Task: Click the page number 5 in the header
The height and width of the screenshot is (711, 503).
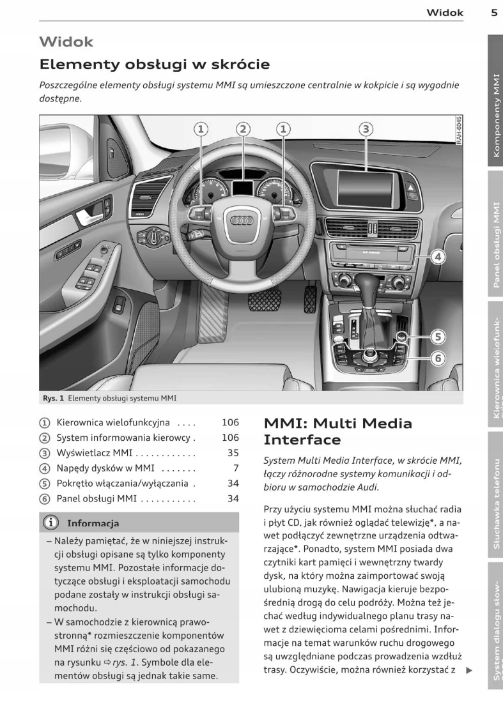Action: pyautogui.click(x=494, y=11)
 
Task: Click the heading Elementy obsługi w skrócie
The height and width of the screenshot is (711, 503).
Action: pyautogui.click(x=154, y=65)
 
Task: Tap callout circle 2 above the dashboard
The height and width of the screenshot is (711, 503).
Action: pyautogui.click(x=242, y=129)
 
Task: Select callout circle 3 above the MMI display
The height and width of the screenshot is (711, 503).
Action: pyautogui.click(x=365, y=129)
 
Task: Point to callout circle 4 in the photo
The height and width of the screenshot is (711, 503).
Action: pyautogui.click(x=437, y=257)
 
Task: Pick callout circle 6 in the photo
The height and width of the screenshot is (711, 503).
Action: pyautogui.click(x=438, y=358)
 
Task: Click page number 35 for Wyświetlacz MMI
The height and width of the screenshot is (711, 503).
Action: pyautogui.click(x=233, y=453)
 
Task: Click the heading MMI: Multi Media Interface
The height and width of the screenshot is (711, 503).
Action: pyautogui.click(x=337, y=431)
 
